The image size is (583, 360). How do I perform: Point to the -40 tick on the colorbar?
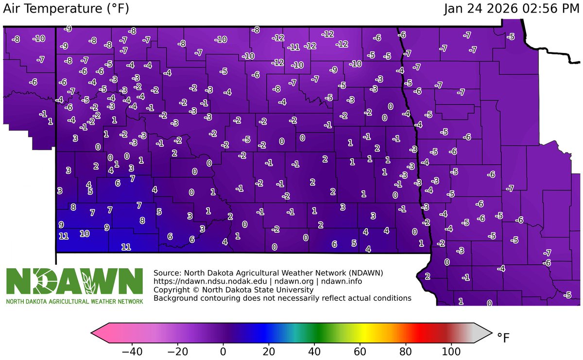click(132, 350)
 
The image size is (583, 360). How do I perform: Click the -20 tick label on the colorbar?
click(177, 350)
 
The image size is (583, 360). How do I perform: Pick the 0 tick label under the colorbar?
click(223, 350)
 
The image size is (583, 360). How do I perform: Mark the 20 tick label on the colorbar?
click(268, 350)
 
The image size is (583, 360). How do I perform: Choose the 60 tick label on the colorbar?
click(360, 350)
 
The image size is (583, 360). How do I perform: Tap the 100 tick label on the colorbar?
click(451, 350)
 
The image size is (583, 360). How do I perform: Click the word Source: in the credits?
click(168, 273)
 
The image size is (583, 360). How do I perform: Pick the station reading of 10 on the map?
click(84, 234)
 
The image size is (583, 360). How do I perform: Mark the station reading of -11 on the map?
click(293, 47)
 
